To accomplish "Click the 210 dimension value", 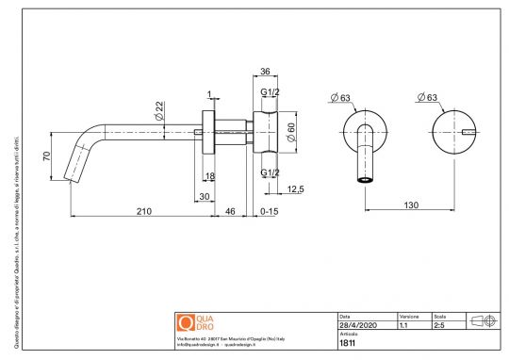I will point(142,213).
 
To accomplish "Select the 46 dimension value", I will point(230,213).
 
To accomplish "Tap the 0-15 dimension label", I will point(271,213).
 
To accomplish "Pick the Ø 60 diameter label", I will point(291,132).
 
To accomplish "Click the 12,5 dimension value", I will point(295,189).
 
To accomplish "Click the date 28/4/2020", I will point(355,324).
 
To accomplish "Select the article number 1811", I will point(347,343).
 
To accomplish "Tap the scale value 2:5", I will point(439,324).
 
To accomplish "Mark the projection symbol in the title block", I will point(483,320).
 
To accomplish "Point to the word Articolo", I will point(348,334).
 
